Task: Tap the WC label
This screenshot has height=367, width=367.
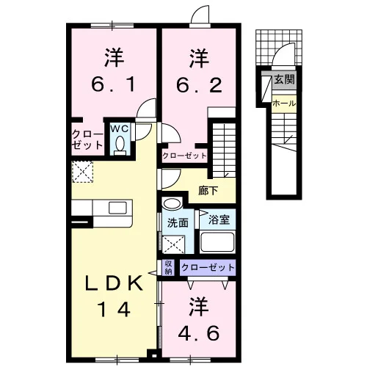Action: point(120,129)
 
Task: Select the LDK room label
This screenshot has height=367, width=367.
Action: point(114,283)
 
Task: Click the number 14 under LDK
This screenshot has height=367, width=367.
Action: point(114,309)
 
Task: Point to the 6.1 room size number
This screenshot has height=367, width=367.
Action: point(113,84)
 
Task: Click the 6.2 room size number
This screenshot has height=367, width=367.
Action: point(199,85)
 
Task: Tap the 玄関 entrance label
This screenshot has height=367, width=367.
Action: point(284,79)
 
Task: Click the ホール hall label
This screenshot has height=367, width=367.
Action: point(284,103)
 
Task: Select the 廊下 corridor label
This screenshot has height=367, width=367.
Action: point(208,191)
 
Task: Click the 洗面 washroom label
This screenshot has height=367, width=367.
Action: point(178,223)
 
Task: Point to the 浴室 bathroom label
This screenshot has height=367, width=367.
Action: point(219,219)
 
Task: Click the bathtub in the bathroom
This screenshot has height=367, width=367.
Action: point(217,241)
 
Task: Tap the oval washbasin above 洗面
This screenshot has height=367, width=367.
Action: point(172,203)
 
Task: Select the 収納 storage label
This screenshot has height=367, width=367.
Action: point(169,267)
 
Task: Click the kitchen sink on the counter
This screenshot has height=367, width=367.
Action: point(117,208)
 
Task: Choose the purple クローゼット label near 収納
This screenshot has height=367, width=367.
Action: point(208,267)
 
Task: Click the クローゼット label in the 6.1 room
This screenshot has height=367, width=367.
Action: point(87,139)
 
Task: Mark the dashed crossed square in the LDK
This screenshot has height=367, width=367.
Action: point(83,172)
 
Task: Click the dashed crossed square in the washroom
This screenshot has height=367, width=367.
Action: point(173,244)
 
